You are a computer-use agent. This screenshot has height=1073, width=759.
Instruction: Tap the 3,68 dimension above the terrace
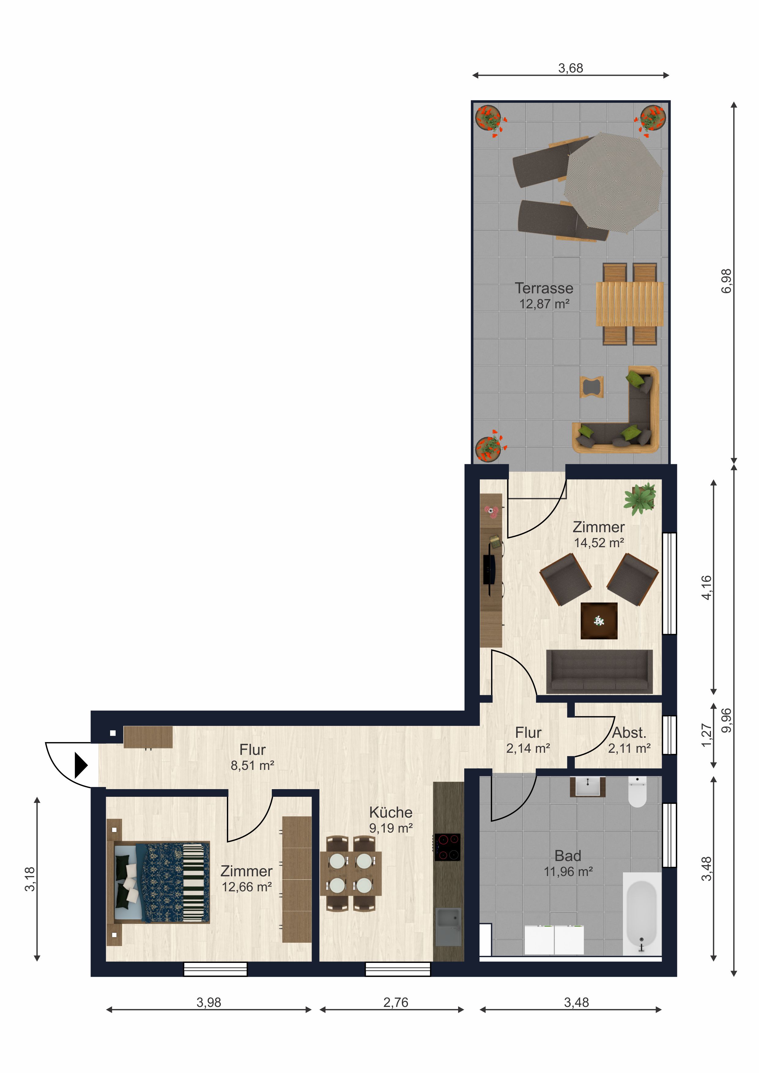point(571,68)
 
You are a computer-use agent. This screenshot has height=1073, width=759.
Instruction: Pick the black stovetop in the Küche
point(447,847)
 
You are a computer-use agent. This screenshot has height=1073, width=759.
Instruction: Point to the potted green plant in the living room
point(640,499)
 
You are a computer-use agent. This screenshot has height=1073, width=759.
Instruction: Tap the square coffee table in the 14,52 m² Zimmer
point(599,621)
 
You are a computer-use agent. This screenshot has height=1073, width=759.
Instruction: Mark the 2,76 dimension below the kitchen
point(396,1002)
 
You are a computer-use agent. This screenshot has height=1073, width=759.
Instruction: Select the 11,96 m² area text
point(568,871)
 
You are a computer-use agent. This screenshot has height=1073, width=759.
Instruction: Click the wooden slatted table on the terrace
point(630,304)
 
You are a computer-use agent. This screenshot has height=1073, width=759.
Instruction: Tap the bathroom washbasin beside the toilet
point(587,786)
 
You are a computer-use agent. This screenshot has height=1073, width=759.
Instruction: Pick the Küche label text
point(391,812)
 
